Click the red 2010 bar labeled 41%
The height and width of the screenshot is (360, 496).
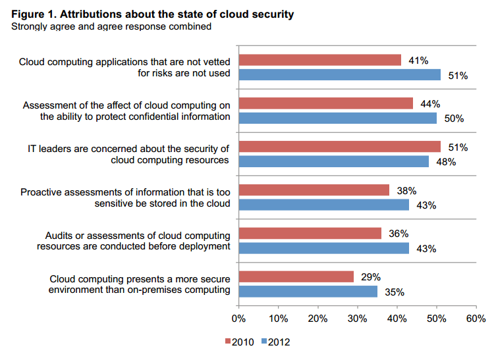(319, 61)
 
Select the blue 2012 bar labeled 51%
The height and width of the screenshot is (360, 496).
(339, 75)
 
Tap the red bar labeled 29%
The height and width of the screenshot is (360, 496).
(296, 277)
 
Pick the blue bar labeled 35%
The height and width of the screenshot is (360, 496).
(308, 292)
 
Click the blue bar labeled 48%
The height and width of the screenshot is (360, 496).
(333, 161)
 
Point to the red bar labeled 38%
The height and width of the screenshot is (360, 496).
(314, 190)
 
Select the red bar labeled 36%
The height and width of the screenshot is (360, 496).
(310, 234)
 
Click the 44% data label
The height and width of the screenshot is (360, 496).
(431, 104)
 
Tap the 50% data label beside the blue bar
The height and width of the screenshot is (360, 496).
(455, 118)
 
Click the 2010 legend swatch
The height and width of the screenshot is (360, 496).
(229, 342)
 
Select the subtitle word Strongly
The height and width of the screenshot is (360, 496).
(23, 26)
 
